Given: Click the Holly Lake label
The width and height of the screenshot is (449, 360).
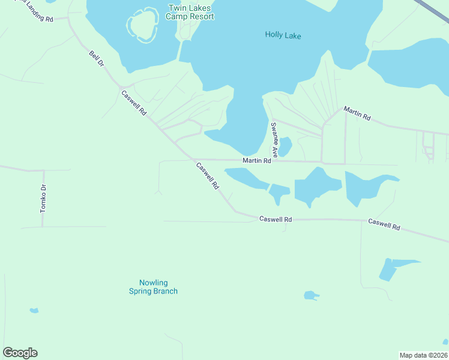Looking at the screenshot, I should click(283, 35).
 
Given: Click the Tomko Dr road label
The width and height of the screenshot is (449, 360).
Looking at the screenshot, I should click(43, 199).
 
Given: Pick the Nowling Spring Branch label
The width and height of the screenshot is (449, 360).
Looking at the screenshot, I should click(154, 287).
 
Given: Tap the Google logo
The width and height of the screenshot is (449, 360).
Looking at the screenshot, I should click(20, 353).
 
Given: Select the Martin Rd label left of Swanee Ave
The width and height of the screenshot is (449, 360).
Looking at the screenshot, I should click(257, 161).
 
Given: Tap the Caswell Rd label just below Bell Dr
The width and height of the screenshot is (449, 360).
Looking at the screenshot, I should click(134, 103).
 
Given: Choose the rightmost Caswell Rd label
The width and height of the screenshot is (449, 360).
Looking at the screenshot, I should click(384, 225).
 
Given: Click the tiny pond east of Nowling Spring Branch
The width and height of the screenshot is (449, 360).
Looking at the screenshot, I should click(310, 295).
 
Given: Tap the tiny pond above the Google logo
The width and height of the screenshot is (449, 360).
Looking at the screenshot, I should click(34, 311).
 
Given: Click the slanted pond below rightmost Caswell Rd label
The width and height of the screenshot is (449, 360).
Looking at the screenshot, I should click(390, 268).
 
